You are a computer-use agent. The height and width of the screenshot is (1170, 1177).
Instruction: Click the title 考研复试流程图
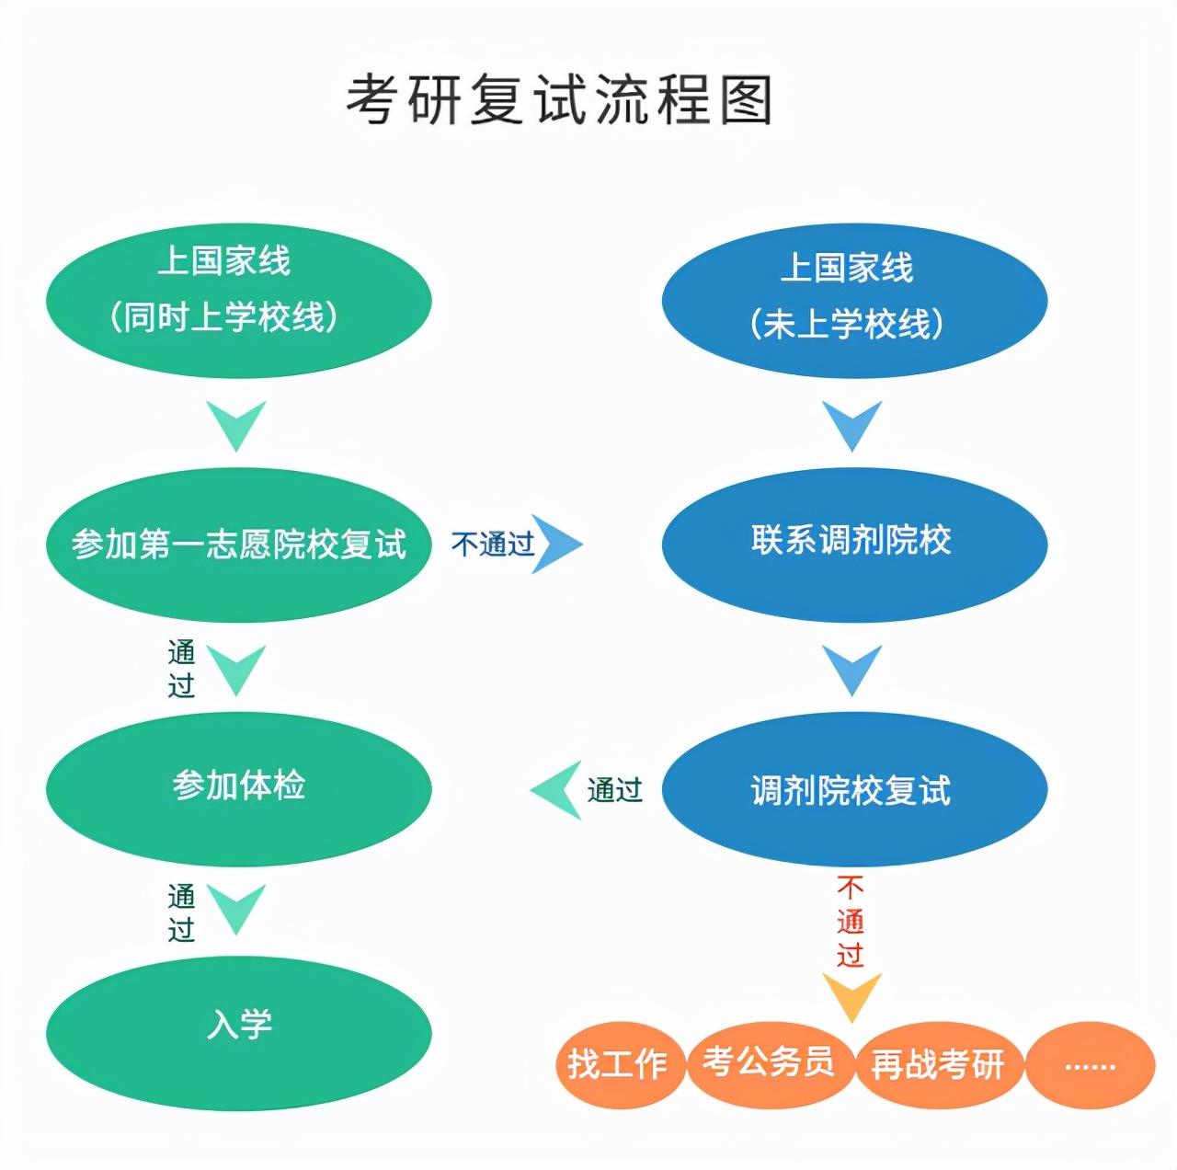click(559, 100)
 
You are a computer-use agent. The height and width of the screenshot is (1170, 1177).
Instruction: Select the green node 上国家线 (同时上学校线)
click(239, 300)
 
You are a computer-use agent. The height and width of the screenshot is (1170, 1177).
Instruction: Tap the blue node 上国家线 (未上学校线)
click(854, 300)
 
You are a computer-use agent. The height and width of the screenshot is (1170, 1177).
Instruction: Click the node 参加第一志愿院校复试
click(239, 545)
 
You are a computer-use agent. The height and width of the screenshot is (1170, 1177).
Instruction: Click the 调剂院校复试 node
click(854, 789)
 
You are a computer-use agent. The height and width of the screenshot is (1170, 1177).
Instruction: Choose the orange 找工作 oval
click(620, 1065)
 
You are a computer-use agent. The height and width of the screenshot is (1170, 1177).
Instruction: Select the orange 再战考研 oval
click(938, 1065)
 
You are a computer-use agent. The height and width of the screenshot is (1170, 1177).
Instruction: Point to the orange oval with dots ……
click(1090, 1065)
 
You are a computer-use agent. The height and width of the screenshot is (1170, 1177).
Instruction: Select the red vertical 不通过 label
click(851, 922)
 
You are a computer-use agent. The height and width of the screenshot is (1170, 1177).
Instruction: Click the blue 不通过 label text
click(492, 544)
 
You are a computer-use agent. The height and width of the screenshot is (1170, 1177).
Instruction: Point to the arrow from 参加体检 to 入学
click(236, 909)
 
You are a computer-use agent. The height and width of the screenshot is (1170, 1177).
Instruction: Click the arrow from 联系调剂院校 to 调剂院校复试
click(852, 671)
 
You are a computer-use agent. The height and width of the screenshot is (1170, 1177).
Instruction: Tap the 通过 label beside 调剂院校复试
click(614, 790)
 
